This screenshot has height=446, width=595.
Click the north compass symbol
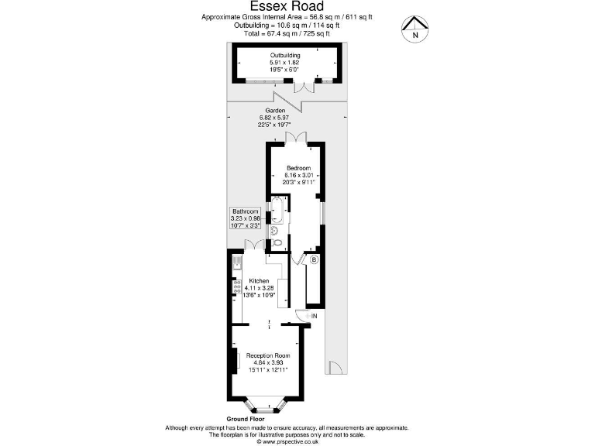[x=416, y=29]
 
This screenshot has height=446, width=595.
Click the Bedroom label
[x=298, y=168]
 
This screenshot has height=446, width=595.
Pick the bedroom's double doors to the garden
[x=295, y=137]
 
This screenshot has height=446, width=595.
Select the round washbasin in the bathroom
[x=274, y=229]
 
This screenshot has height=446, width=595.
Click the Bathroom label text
[x=245, y=211]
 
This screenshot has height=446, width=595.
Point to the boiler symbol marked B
[x=314, y=260]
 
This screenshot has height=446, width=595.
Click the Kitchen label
[x=259, y=280]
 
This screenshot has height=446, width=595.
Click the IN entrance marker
[x=314, y=316]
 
